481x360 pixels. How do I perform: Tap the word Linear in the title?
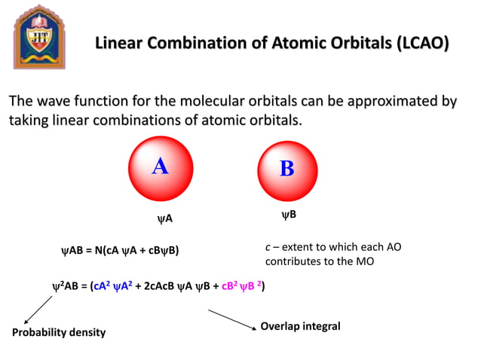pos(120,44)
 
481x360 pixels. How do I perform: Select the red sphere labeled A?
pos(161,168)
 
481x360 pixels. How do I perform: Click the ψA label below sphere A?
pos(164,218)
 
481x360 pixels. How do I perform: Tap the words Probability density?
pos(59,332)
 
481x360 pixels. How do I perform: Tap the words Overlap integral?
pos(300,326)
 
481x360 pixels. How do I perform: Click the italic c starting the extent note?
pos(268,247)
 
